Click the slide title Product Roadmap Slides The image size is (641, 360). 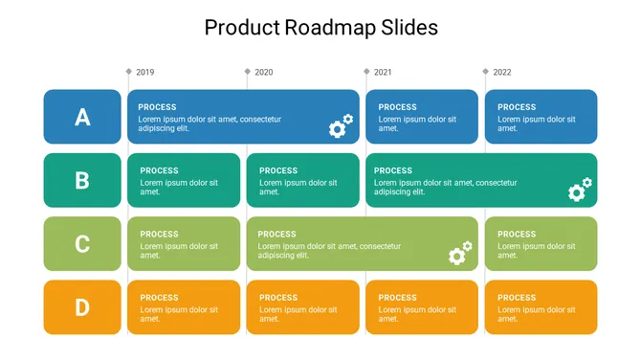tap(320, 28)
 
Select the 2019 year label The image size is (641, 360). tap(145, 72)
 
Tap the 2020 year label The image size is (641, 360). tap(264, 72)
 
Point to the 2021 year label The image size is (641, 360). tap(383, 72)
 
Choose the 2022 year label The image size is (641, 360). tap(502, 72)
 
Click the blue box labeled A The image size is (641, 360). tap(82, 117)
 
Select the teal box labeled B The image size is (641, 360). tap(82, 180)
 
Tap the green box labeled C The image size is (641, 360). tap(82, 244)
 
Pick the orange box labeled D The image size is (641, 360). tap(82, 307)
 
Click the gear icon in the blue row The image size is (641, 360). tap(341, 126)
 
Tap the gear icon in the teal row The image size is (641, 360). tap(580, 190)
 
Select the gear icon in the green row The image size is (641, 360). tap(460, 253)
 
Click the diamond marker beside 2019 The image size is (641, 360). tap(128, 72)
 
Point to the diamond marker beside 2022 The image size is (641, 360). tap(485, 72)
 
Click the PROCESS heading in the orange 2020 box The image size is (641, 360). tap(278, 298)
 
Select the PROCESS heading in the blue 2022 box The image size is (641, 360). tap(517, 107)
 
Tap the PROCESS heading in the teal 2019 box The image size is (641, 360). tap(159, 170)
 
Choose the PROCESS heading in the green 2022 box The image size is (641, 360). tap(517, 234)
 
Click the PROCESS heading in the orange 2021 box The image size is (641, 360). tap(398, 298)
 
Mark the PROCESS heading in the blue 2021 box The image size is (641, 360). tap(398, 107)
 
